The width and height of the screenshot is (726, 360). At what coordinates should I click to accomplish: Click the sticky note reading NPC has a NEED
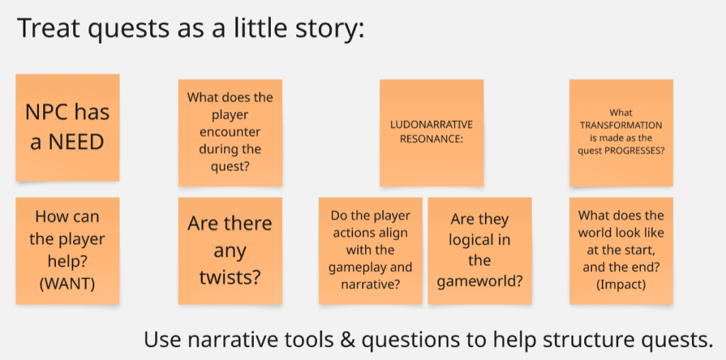[67, 128]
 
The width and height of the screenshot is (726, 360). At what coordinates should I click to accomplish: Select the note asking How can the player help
[67, 251]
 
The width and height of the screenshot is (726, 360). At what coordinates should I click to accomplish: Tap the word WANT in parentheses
[67, 284]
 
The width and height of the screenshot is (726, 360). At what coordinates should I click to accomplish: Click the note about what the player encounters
[230, 133]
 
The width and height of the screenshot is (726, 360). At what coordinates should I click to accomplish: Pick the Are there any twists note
[230, 251]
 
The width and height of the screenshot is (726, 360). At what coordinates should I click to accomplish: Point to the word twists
[230, 278]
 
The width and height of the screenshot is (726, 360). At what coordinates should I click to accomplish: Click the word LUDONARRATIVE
[432, 125]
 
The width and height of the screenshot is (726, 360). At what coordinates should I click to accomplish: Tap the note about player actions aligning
[370, 251]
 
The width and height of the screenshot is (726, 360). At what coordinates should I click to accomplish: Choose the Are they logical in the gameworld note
[480, 251]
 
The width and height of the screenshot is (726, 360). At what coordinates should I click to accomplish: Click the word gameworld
[479, 281]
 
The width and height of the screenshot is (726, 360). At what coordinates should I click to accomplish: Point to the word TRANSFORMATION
[621, 125]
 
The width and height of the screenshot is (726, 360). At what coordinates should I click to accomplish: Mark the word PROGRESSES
[637, 150]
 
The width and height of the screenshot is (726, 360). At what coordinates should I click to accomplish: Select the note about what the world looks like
[621, 251]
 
